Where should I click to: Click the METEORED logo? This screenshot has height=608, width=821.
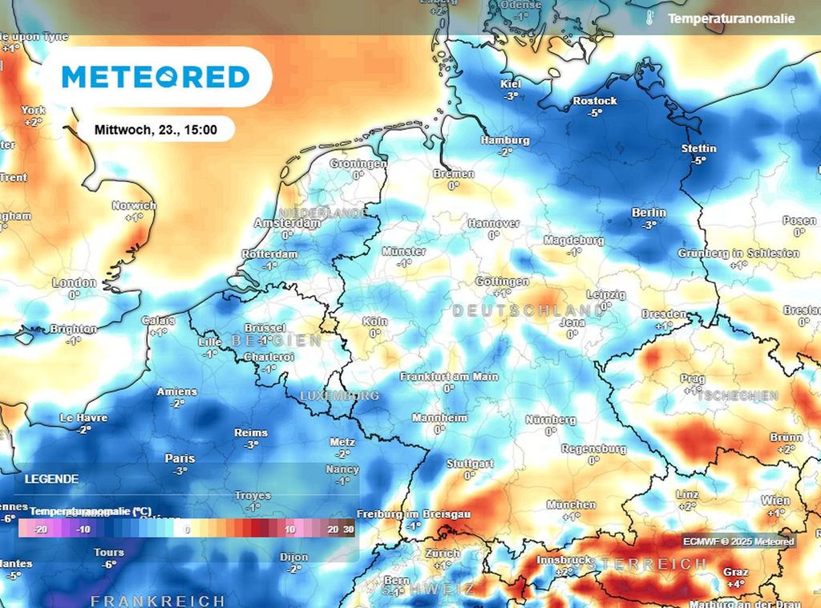(x=156, y=77)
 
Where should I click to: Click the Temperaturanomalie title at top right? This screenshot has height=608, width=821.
(x=731, y=18)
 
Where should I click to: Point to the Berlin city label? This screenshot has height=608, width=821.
(x=649, y=213)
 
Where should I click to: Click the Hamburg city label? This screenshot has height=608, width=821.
(x=505, y=140)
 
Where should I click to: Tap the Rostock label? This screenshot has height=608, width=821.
(x=595, y=101)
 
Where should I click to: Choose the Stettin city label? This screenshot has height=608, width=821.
(x=698, y=148)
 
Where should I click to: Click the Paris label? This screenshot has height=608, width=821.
(x=180, y=458)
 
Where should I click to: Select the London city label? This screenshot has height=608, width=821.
(x=74, y=283)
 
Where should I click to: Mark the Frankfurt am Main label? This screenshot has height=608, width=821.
(x=449, y=376)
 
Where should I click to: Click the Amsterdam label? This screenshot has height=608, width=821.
(x=286, y=223)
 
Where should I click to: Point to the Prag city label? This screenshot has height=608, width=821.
(x=693, y=379)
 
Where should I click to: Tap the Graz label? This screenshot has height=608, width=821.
(x=734, y=572)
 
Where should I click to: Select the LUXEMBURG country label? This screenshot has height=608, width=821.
(x=339, y=395)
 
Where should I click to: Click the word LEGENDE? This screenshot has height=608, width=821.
(x=51, y=479)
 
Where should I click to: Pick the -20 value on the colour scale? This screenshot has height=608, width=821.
(x=42, y=529)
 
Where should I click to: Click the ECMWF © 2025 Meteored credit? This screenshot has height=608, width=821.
(x=738, y=541)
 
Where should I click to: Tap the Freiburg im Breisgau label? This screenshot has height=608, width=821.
(x=412, y=513)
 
